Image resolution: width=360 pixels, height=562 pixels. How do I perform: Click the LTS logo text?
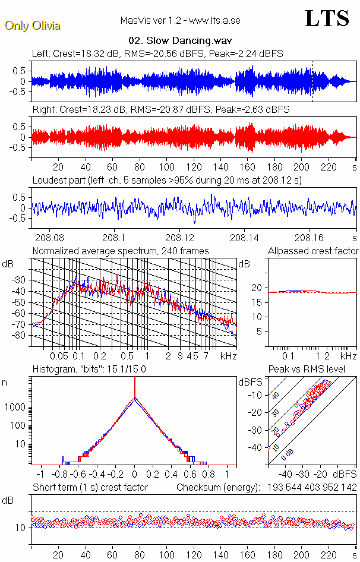[327, 18]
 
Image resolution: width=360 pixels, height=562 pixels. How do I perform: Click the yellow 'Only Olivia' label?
[32, 26]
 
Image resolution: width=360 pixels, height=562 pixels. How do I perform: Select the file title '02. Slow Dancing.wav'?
[179, 40]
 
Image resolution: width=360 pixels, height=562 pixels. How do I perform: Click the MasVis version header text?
[179, 21]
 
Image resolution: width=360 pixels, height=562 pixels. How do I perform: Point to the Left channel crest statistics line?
[157, 53]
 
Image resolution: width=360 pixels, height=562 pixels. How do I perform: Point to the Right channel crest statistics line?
[160, 110]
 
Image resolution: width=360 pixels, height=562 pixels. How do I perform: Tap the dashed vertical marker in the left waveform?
[312, 80]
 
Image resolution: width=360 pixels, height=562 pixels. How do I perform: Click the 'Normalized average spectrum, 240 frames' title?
[121, 251]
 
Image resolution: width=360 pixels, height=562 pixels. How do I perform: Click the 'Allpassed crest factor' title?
[313, 251]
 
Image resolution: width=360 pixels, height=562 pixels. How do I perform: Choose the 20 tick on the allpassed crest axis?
[257, 288]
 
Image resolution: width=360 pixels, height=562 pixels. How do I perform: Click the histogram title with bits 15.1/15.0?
[89, 369]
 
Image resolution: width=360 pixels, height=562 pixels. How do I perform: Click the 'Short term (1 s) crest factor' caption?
[90, 487]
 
